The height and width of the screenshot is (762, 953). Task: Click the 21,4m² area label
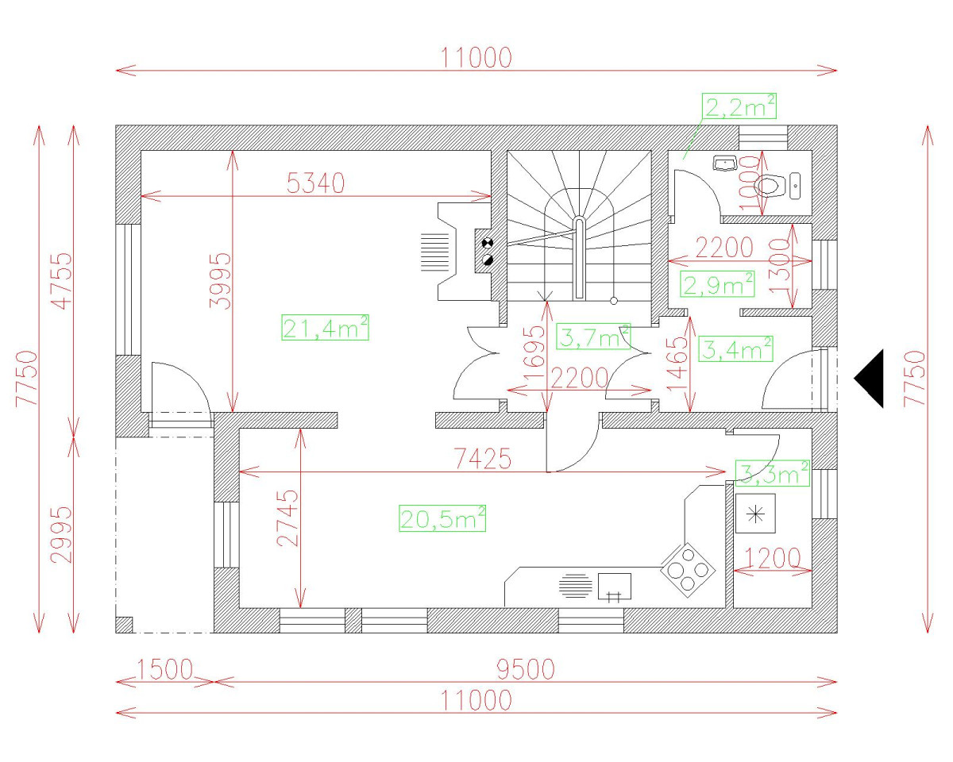click(325, 327)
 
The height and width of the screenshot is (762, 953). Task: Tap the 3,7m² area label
click(594, 337)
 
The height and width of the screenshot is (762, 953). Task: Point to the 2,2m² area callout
click(739, 106)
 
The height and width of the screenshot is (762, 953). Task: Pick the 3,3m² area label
click(772, 473)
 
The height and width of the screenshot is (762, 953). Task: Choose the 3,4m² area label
click(735, 348)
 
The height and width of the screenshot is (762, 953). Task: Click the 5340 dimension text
click(315, 183)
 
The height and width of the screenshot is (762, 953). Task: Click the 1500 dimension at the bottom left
click(165, 670)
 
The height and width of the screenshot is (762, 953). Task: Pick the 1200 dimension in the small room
click(771, 558)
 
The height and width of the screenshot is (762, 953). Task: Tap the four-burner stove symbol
click(687, 568)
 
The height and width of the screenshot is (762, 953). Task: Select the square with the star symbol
click(755, 514)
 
